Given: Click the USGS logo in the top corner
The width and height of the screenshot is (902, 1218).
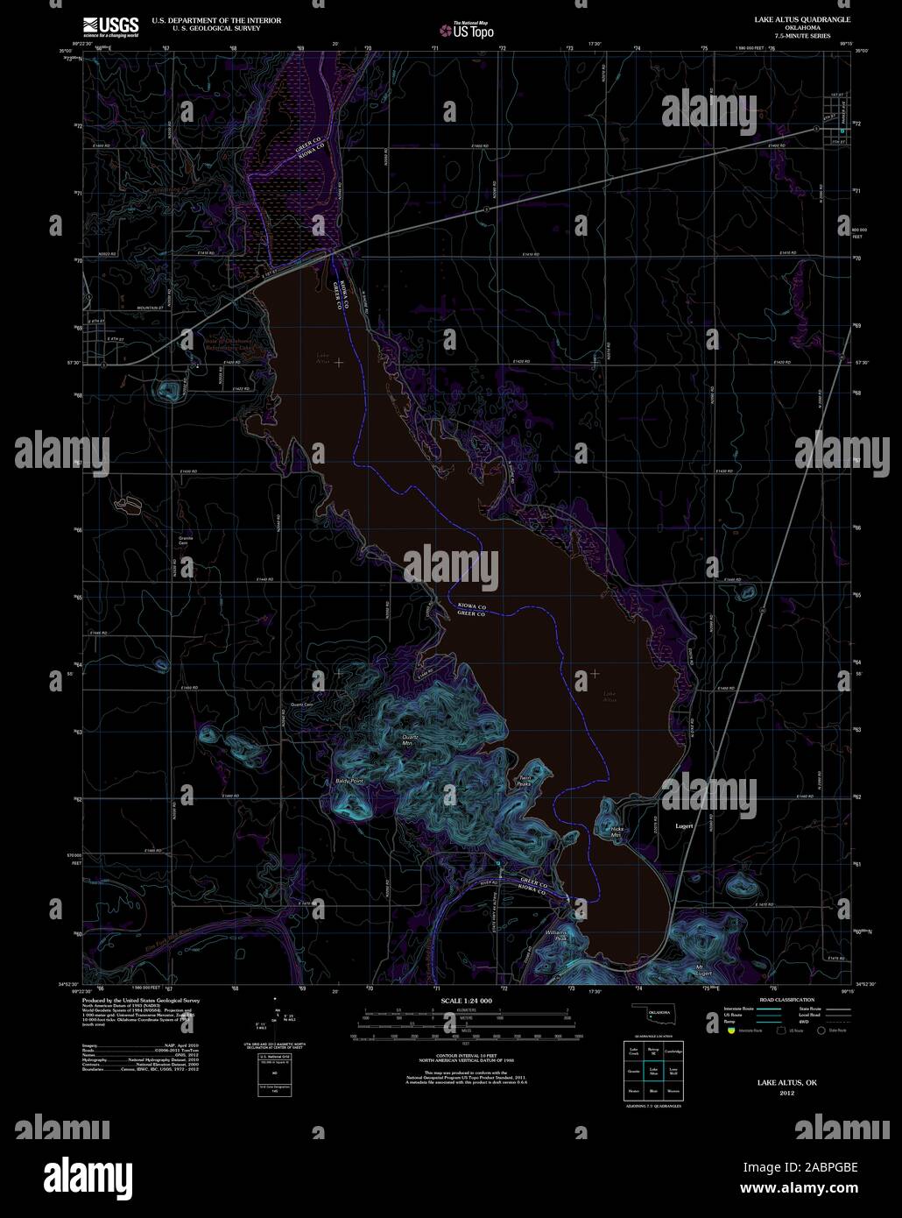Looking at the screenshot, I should tap(110, 26).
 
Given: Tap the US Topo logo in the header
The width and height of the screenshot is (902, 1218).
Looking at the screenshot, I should tap(468, 32).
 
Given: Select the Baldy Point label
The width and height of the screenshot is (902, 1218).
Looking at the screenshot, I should tap(349, 780).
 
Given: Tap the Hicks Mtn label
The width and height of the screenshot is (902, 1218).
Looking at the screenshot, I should tap(615, 832).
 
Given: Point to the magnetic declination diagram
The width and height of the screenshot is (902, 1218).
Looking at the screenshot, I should tap(277, 1018).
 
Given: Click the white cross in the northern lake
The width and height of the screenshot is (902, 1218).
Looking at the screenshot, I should tap(339, 362).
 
